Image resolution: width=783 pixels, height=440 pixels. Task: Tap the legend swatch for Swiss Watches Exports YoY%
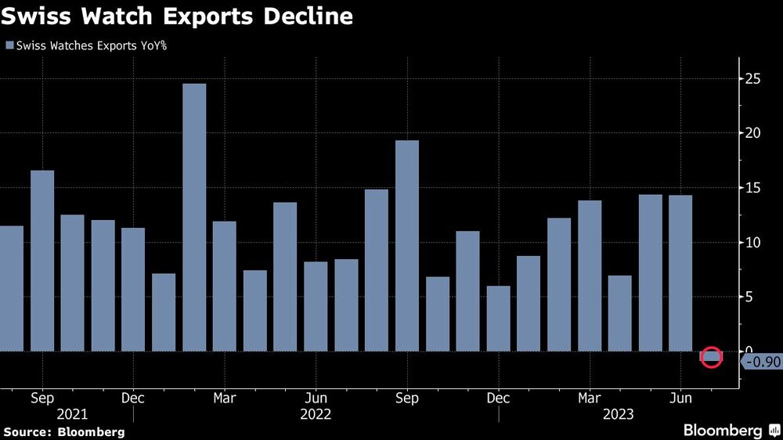(x=9, y=45)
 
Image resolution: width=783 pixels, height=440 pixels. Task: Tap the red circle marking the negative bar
(x=711, y=357)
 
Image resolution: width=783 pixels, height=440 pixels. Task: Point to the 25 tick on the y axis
(x=752, y=78)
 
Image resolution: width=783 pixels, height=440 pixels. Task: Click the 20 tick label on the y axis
(x=752, y=133)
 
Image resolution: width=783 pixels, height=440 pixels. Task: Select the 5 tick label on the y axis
(x=749, y=297)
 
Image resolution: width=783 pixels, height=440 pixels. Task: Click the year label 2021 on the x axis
(x=72, y=414)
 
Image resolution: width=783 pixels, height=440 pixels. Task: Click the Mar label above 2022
(x=225, y=399)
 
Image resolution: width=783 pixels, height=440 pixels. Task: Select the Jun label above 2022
(x=316, y=399)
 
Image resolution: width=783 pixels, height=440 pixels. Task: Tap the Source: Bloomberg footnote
(x=64, y=431)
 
